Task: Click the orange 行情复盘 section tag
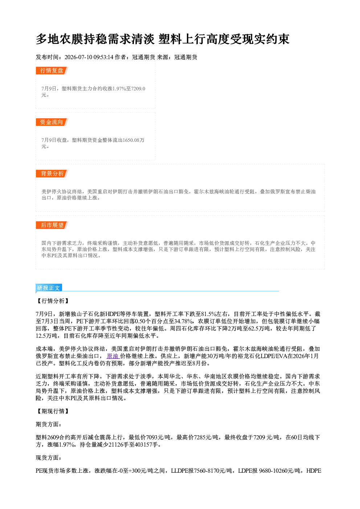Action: pos(52,70)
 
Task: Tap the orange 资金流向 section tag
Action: pos(52,122)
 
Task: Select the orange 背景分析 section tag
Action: pos(52,174)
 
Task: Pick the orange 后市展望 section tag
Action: pos(52,225)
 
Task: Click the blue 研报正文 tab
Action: pos(49,288)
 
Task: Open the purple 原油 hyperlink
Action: pos(113,356)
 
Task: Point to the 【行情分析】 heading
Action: pos(53,301)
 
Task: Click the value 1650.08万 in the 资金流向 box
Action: pos(133,140)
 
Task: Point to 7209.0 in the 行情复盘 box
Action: pos(138,89)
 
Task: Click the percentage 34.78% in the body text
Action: pos(184,321)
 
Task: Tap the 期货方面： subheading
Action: pos(49,424)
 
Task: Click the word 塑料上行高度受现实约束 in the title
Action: pos(224,39)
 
